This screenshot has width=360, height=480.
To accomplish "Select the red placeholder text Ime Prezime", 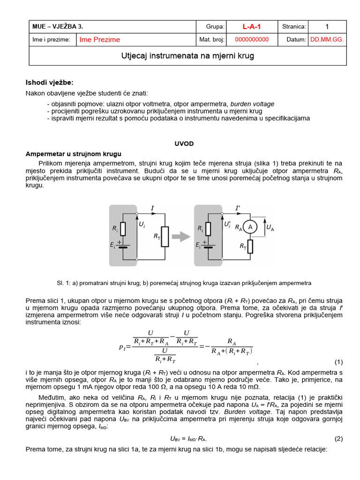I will [100, 40].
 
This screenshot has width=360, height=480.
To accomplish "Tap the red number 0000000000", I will [252, 40].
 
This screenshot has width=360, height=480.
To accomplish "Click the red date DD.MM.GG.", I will [327, 40].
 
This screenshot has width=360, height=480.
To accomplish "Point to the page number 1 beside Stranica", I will [327, 27].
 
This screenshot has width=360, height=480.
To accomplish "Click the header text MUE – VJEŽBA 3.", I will [58, 27].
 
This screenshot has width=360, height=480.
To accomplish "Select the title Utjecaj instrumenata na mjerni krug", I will [187, 56].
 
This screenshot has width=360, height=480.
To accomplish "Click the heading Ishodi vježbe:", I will [49, 82].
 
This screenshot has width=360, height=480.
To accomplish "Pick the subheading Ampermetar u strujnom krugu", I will [74, 154].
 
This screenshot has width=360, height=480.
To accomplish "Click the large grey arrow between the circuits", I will [180, 237].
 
